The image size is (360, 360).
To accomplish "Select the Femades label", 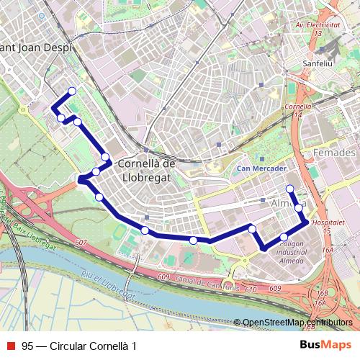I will [x=335, y=153].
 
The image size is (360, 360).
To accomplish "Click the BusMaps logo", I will [x=325, y=346].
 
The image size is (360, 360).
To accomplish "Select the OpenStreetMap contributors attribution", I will [x=297, y=323].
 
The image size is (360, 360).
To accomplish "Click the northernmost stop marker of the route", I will [x=72, y=91].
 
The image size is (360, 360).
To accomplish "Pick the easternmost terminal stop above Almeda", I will [x=290, y=189].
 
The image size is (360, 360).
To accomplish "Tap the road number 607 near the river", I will [x=80, y=242].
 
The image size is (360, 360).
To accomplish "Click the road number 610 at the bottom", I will [x=250, y=289].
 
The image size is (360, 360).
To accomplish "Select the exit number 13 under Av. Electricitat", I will [x=317, y=33].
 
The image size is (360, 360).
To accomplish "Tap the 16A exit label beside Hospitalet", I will [x=330, y=249].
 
